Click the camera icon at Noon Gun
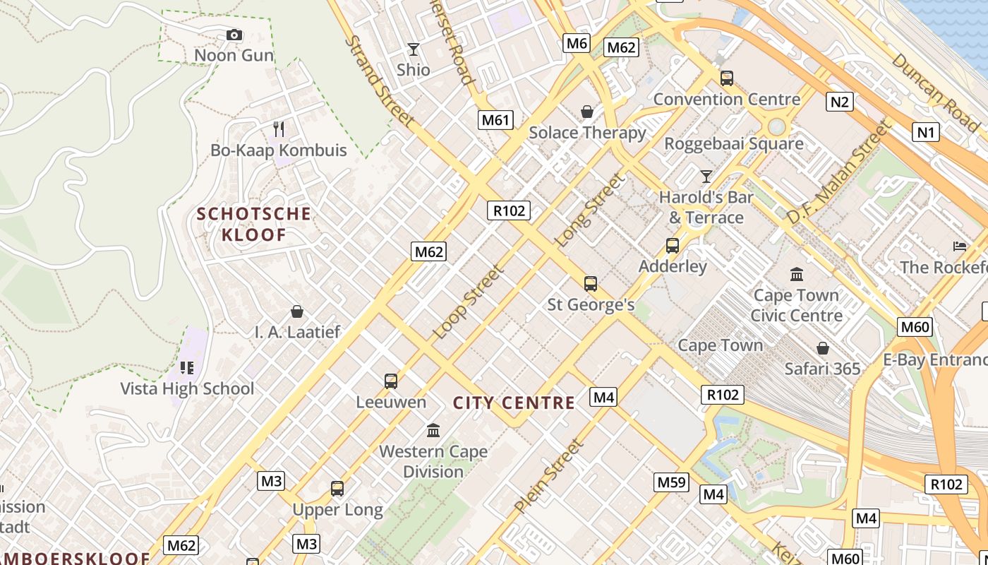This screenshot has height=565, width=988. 234,35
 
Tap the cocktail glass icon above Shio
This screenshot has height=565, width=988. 414,49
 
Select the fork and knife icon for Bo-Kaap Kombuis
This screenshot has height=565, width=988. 279,129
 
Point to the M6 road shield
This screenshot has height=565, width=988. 577,44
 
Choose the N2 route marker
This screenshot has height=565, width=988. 839,102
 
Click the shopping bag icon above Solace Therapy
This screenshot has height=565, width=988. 586,112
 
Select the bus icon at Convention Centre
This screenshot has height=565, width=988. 727,78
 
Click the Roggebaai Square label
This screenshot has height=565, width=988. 734,144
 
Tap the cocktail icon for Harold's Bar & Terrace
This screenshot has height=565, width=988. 706,176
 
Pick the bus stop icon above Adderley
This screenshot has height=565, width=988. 673,246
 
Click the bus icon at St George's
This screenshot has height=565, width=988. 591,284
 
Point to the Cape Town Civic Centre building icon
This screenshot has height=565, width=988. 797,274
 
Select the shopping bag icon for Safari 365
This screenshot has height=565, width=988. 822,348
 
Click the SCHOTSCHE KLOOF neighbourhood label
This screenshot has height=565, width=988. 253,224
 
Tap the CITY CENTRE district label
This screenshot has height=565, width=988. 514,403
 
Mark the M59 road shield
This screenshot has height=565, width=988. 671,482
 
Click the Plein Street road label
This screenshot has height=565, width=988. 549,476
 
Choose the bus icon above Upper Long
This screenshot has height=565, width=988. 337,489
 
